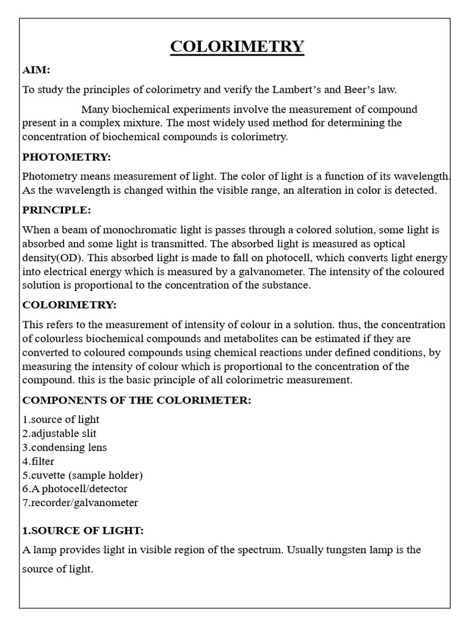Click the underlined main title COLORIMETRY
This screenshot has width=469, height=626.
(x=237, y=47)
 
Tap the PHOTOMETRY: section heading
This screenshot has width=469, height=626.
(x=67, y=157)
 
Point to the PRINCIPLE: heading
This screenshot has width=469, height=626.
(x=56, y=210)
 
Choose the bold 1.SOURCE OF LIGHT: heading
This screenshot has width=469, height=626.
(x=83, y=530)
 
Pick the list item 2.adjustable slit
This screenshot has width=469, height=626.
(x=59, y=433)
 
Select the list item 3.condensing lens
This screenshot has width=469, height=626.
(x=65, y=447)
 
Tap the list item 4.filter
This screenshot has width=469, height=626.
(x=39, y=461)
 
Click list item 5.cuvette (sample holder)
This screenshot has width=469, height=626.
(x=82, y=475)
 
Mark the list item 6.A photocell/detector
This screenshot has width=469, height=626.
(x=75, y=488)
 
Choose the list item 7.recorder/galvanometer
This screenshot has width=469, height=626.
(x=80, y=503)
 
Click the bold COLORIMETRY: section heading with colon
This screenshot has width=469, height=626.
(x=69, y=304)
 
